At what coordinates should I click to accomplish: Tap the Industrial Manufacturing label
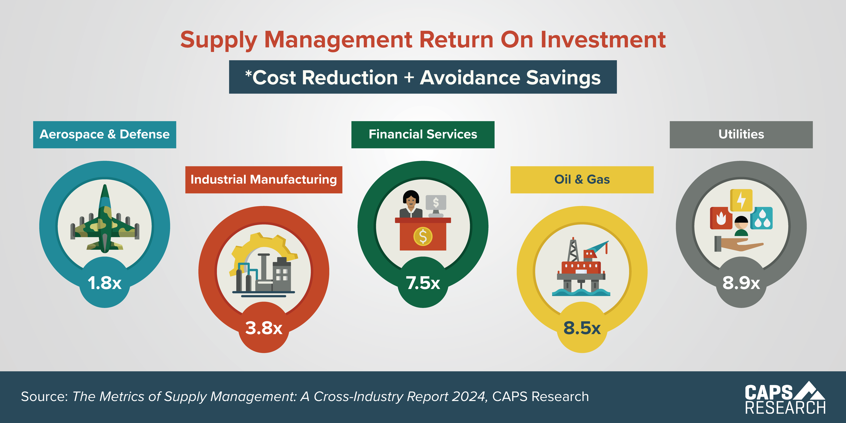pyautogui.click(x=264, y=180)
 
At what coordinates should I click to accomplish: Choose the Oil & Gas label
pyautogui.click(x=582, y=180)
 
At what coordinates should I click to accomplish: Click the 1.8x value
pyautogui.click(x=104, y=283)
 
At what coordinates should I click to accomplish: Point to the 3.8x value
pyautogui.click(x=264, y=328)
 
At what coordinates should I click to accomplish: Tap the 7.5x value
pyautogui.click(x=423, y=283)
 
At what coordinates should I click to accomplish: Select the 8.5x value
pyautogui.click(x=582, y=328)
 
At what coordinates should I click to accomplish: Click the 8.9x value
pyautogui.click(x=741, y=283)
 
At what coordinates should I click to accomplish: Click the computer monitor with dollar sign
pyautogui.click(x=436, y=204)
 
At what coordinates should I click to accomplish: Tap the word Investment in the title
pyautogui.click(x=603, y=40)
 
